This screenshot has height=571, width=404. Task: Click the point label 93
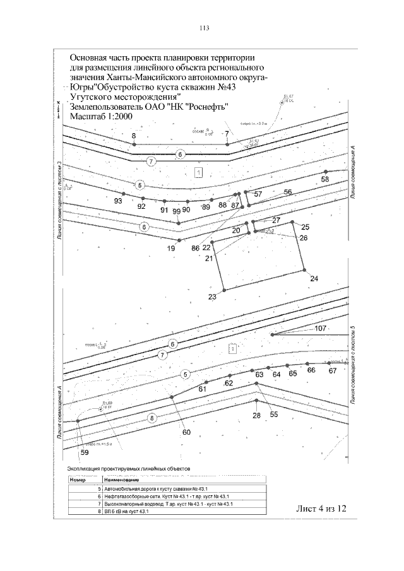[x=118, y=200]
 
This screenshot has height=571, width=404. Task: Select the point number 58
[x=325, y=180]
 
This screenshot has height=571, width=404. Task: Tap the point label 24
[x=314, y=278]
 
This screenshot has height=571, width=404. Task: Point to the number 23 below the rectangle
[x=212, y=297]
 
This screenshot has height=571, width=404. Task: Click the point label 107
[x=320, y=329]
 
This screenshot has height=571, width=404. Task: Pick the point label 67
[x=333, y=371]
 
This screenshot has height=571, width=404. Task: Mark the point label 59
[x=85, y=453]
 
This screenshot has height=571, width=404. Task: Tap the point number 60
[x=187, y=432]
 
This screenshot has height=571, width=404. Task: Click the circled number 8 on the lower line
[x=151, y=418]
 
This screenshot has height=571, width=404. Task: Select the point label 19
[x=170, y=249]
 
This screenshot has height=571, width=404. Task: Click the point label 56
[x=288, y=192]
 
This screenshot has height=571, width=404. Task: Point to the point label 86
[x=196, y=249]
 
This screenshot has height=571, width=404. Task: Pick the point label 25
[x=306, y=227]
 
